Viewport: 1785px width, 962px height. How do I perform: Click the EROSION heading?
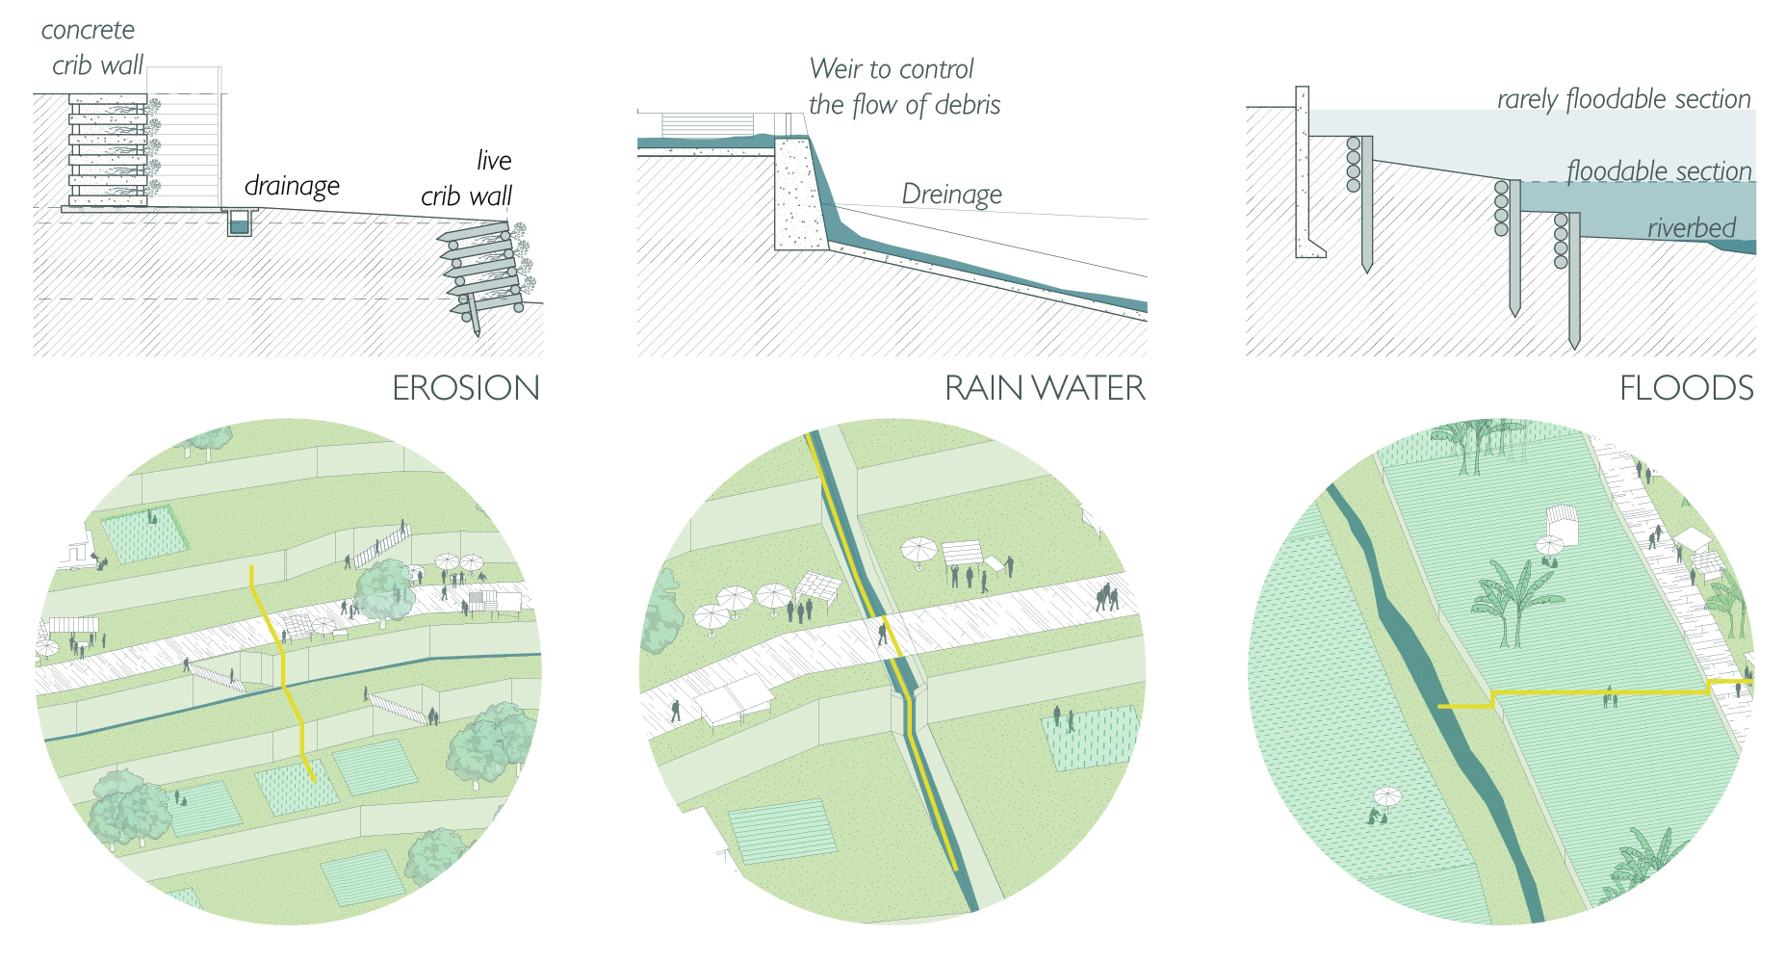click(x=466, y=388)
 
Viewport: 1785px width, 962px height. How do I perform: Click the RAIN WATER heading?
click(x=1045, y=388)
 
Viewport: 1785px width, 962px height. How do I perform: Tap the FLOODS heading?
click(x=1686, y=388)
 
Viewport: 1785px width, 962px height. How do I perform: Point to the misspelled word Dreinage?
click(x=951, y=195)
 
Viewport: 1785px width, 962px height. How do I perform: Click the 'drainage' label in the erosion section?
click(x=292, y=185)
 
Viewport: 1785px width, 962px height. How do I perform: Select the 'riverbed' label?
click(x=1691, y=228)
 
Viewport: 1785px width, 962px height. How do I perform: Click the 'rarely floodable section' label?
click(x=1623, y=99)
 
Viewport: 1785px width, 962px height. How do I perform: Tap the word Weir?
click(x=836, y=69)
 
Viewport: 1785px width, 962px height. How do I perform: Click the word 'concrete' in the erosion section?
click(x=88, y=30)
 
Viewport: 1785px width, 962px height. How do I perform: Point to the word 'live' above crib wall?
click(x=494, y=160)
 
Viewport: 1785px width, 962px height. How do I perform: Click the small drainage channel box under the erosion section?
click(x=239, y=224)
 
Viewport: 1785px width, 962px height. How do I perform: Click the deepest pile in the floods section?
click(x=1574, y=279)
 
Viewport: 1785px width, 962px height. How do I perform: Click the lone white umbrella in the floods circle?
click(x=1387, y=797)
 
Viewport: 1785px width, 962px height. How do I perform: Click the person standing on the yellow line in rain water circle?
click(x=882, y=633)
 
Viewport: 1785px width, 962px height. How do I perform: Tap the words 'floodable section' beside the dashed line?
click(x=1659, y=171)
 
